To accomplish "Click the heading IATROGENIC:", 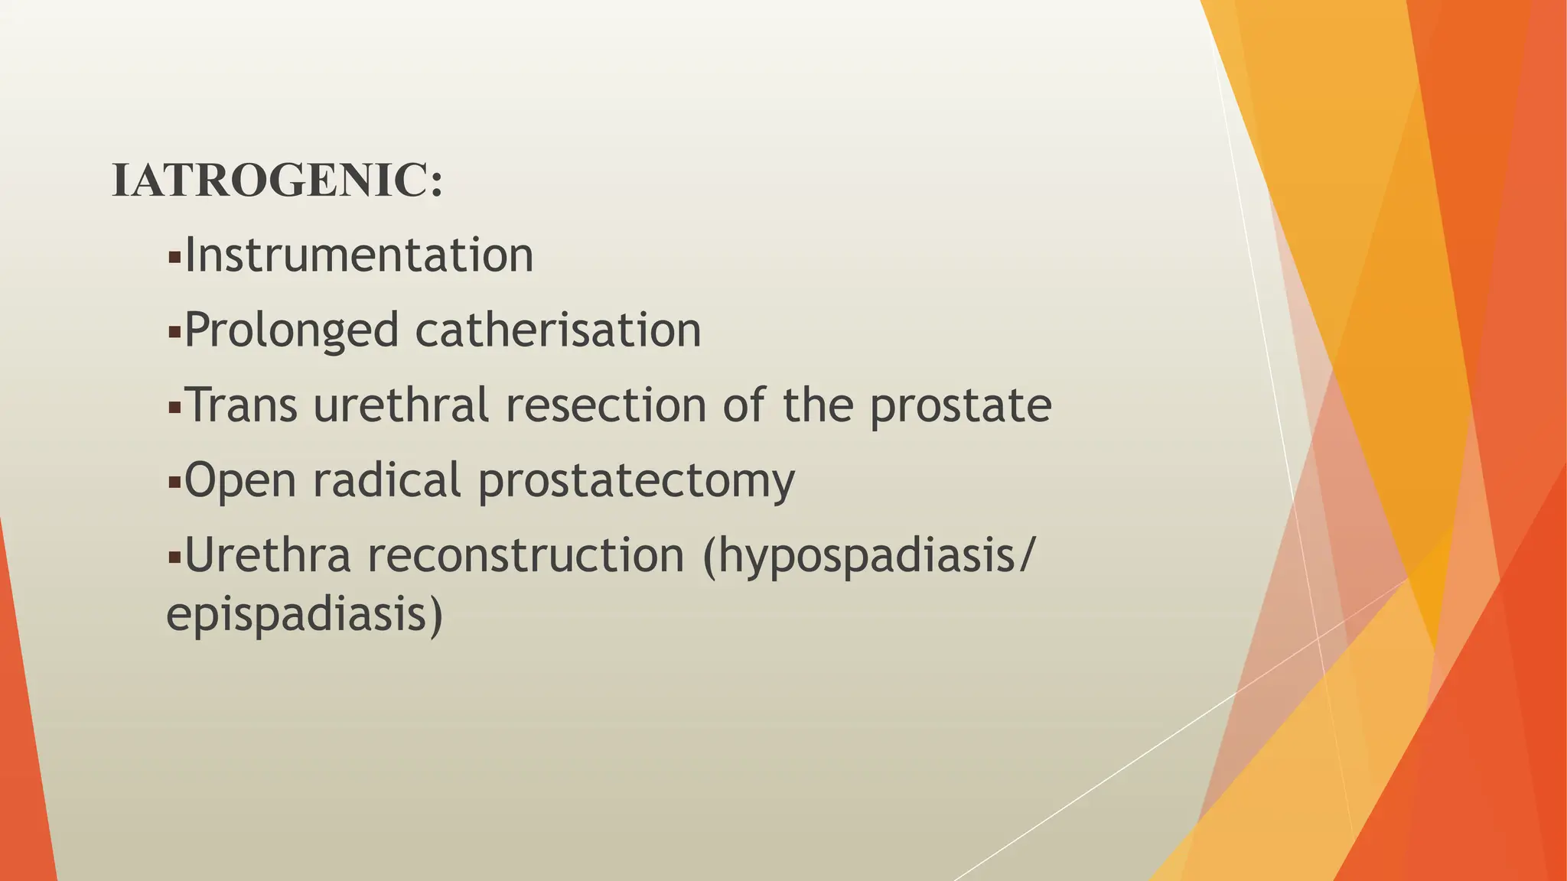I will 277,181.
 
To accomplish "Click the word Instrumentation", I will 359,255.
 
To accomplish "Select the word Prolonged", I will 292,331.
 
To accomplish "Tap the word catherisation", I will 558,330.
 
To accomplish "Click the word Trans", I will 241,405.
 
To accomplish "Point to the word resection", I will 605,405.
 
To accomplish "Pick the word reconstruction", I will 526,555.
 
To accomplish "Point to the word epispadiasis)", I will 305,615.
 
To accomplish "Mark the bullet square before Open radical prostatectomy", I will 174,483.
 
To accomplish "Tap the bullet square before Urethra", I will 174,558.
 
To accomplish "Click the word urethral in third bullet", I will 401,405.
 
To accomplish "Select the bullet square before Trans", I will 174,408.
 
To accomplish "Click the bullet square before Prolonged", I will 174,333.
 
